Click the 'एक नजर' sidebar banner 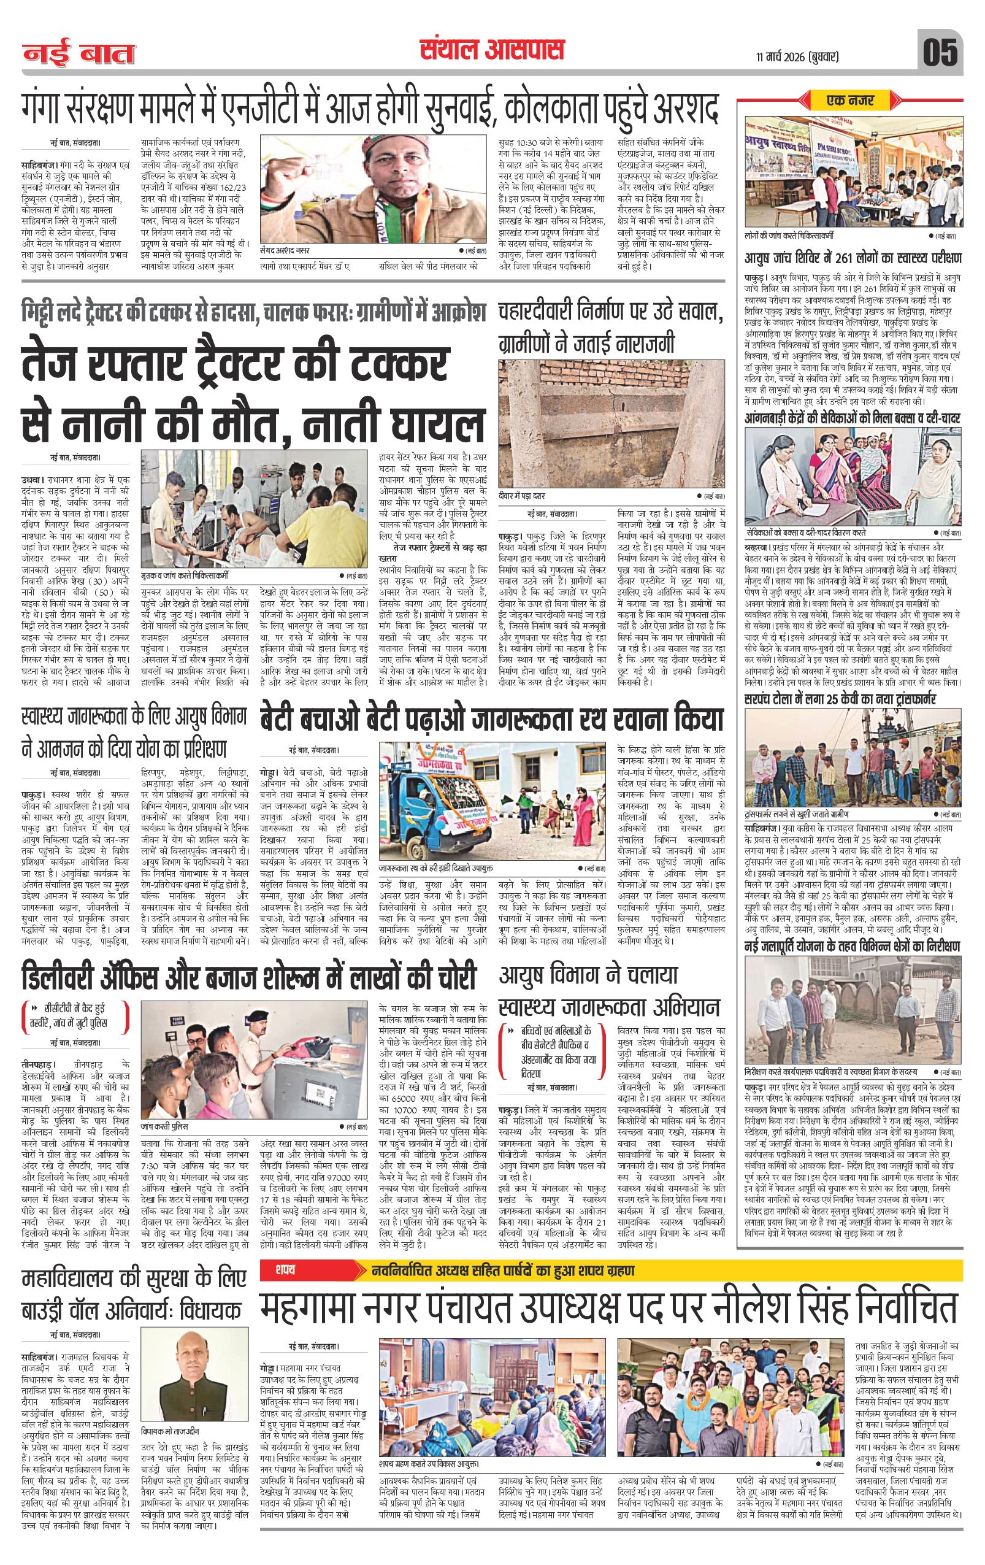[851, 101]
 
